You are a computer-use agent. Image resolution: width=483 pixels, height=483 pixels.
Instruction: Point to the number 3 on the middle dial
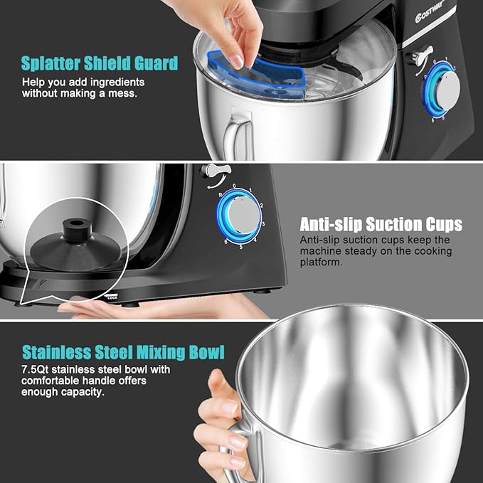[264, 223]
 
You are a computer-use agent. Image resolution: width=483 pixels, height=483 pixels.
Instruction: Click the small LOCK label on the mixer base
[112, 297]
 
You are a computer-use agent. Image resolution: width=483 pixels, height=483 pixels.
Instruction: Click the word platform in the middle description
[322, 262]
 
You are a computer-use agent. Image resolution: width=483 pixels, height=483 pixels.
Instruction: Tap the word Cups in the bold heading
[440, 225]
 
